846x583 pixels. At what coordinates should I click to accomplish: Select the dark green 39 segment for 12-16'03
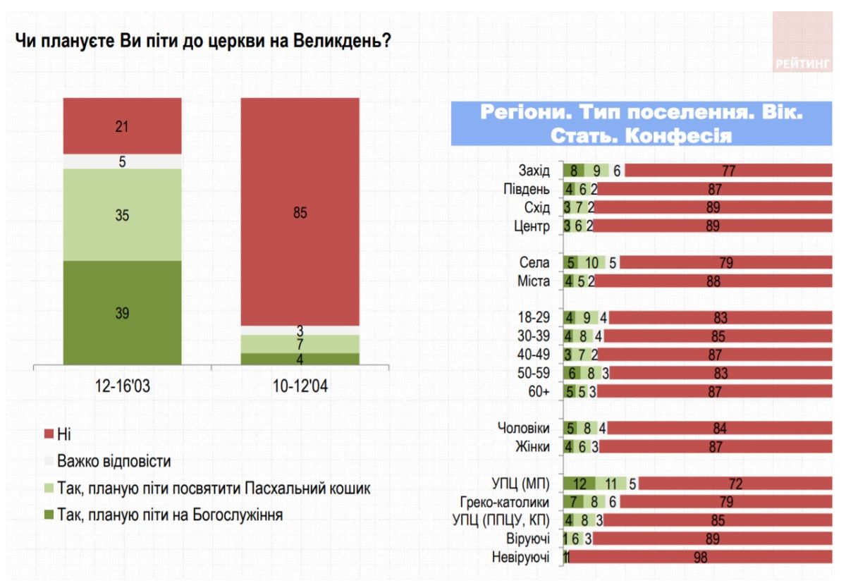(122, 313)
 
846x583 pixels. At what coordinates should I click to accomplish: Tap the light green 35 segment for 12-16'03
(122, 215)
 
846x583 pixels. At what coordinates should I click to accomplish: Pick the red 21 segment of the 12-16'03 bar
(122, 126)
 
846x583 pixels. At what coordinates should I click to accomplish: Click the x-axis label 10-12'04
(300, 387)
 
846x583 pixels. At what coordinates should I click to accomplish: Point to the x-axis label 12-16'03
(122, 387)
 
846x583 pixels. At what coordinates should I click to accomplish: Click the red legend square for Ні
(48, 435)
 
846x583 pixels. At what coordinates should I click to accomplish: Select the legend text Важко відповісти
(114, 462)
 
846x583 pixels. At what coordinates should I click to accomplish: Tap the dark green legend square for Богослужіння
(48, 515)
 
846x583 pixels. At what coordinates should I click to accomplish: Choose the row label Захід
(534, 171)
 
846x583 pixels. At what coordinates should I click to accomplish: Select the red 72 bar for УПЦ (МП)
(735, 484)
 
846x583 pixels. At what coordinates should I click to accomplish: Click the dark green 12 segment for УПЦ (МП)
(580, 484)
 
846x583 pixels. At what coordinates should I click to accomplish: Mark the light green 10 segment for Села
(591, 263)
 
